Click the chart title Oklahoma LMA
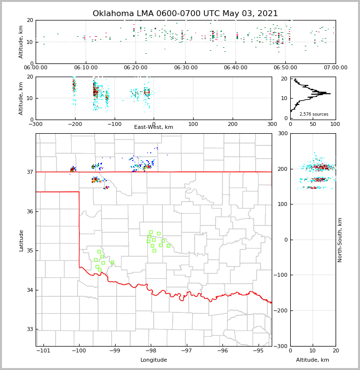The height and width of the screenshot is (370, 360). (185, 14)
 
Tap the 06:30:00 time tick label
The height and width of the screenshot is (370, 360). (185, 68)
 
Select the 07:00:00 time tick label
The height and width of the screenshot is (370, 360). (335, 68)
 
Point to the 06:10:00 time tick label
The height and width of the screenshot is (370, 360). (86, 68)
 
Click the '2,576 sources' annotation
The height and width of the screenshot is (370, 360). (314, 114)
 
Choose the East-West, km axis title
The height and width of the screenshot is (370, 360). (154, 127)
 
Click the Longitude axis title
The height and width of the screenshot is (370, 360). (154, 360)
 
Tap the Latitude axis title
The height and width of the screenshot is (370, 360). (21, 240)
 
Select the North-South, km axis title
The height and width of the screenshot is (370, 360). (340, 240)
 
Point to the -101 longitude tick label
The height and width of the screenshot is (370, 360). (43, 351)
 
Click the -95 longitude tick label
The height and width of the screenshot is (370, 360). (258, 351)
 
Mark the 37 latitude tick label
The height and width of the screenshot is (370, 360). (30, 172)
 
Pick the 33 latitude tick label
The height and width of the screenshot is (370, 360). (30, 329)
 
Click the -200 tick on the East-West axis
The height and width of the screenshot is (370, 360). (75, 124)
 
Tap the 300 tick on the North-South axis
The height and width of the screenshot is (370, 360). (282, 134)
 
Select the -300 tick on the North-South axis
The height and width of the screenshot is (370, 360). (280, 346)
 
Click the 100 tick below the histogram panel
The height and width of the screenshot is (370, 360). (335, 124)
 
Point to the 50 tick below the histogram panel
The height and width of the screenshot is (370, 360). (313, 124)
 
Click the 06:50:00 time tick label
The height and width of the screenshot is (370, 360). (285, 68)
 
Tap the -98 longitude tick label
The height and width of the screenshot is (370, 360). (150, 351)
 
